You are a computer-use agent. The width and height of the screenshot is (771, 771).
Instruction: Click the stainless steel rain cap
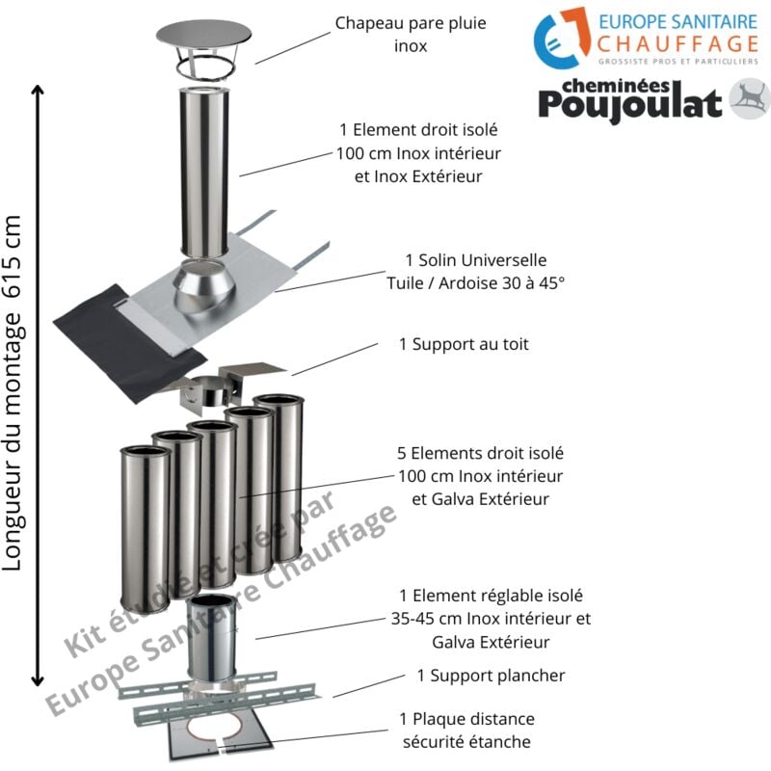[203, 43]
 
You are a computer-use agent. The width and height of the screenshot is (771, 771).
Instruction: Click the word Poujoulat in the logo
[629, 102]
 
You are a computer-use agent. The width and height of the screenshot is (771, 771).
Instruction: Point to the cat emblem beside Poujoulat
[750, 99]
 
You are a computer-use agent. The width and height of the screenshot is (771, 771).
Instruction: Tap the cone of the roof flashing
[202, 289]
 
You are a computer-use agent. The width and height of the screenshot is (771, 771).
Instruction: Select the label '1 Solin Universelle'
[475, 261]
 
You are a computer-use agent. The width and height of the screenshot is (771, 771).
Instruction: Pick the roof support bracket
[217, 385]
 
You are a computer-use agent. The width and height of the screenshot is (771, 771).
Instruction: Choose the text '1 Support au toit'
[464, 343]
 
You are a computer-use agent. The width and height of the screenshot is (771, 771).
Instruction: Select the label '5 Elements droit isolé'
[480, 452]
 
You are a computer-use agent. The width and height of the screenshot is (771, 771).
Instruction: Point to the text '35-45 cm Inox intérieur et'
[491, 619]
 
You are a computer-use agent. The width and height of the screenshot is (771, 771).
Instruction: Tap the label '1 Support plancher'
[491, 676]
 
